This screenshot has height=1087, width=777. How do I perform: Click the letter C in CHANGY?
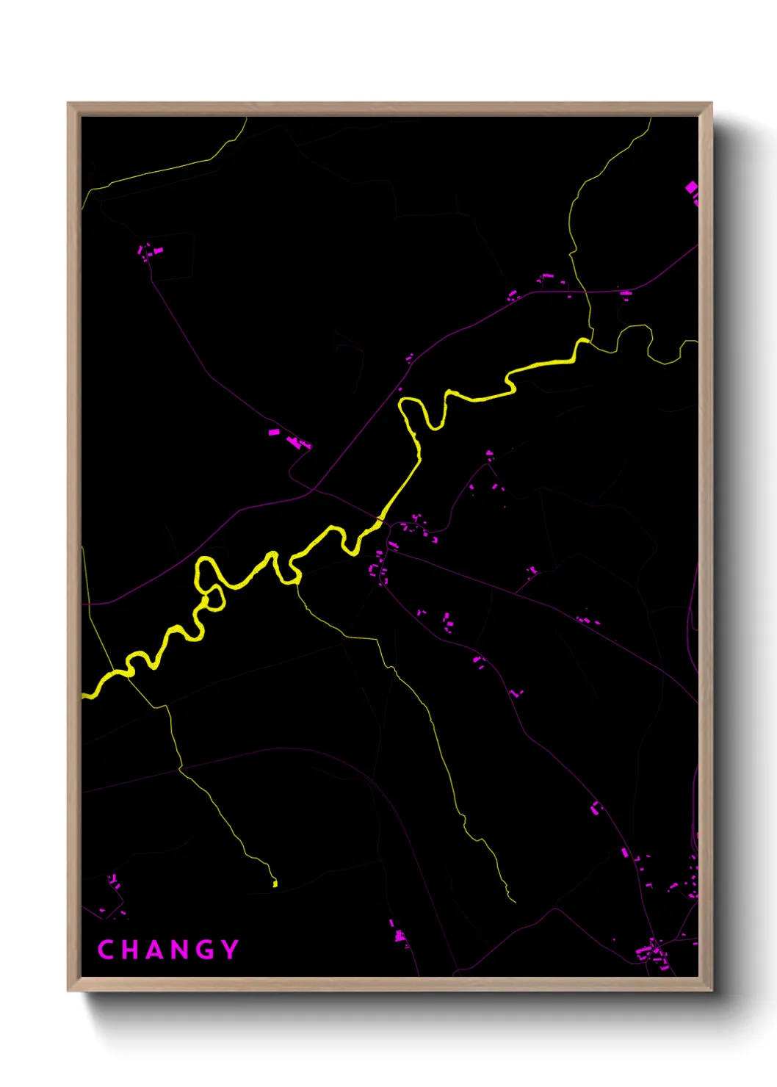pos(105,950)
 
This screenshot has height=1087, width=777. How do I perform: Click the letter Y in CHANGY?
pos(231,950)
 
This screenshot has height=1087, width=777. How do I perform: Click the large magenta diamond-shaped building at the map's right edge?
pos(691,189)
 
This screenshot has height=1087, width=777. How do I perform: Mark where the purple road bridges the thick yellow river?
pos(380,521)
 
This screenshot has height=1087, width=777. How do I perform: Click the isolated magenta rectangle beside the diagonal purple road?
pos(274,432)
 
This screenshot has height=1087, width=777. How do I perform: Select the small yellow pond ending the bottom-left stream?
pos(275,884)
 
